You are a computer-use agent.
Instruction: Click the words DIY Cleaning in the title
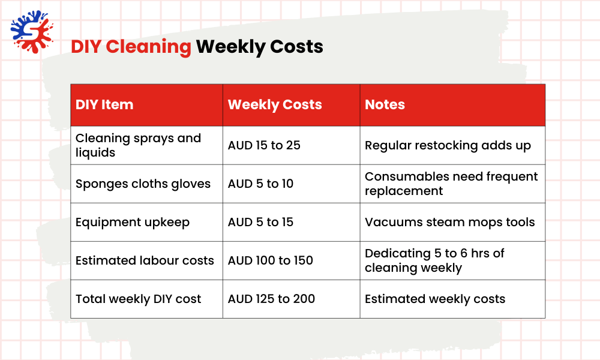coord(131,47)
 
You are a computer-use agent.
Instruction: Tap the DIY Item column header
coord(104,104)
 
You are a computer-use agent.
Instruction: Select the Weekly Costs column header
coord(275,104)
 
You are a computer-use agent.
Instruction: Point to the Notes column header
coord(385,104)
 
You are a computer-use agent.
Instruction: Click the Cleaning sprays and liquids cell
coord(138,145)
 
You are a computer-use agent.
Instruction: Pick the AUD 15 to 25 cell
coord(264,145)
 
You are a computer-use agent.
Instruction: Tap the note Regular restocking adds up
coord(448,145)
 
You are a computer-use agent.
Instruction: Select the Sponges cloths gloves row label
coord(143,184)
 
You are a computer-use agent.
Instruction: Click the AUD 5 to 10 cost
coord(260,184)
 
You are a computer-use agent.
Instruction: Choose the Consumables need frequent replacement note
coord(451,184)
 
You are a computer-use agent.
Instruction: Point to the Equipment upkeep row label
coord(133,222)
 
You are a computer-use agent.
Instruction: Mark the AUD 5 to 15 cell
coord(260,222)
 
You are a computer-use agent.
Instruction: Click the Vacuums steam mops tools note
coord(449,222)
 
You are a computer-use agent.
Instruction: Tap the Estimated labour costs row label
coord(145,260)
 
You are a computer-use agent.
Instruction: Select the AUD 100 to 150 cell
coord(270,260)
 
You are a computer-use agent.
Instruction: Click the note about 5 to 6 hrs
coord(434,260)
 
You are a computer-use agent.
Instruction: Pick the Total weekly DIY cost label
coord(139,299)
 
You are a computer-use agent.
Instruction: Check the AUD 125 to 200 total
coord(271,299)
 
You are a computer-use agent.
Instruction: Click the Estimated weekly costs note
coord(435,299)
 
